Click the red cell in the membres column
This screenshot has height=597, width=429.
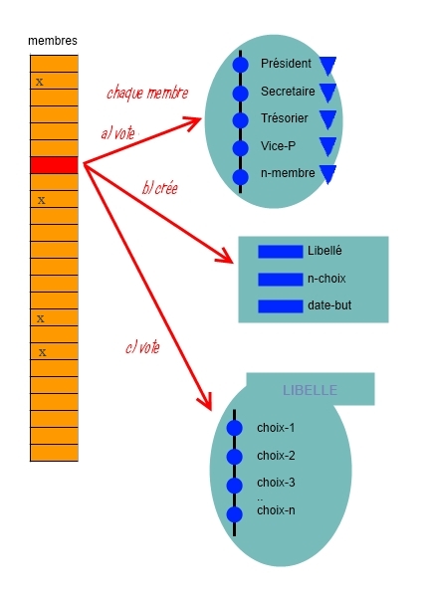point(54,165)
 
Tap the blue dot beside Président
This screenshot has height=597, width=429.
point(240,65)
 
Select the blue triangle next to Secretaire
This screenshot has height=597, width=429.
point(327,93)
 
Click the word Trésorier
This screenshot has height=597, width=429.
point(285,118)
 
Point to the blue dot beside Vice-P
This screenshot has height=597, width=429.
point(240,148)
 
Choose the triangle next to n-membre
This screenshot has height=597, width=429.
point(327,174)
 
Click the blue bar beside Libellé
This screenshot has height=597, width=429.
point(281,252)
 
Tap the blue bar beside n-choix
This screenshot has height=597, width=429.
point(281,279)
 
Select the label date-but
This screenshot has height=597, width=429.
point(329,305)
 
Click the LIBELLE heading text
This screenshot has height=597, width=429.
point(310,390)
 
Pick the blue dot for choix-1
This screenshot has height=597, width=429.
point(234,428)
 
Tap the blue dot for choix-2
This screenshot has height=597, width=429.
point(234,456)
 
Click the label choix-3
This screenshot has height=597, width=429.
point(276,483)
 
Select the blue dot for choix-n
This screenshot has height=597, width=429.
point(234,514)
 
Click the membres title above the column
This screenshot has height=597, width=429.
point(53,41)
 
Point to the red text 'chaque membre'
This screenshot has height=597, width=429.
point(147,94)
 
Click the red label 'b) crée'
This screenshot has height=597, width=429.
point(160,188)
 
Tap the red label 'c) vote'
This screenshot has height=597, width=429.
point(142,347)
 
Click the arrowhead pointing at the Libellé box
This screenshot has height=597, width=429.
point(226,257)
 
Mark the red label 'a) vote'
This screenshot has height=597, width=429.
point(118,133)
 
